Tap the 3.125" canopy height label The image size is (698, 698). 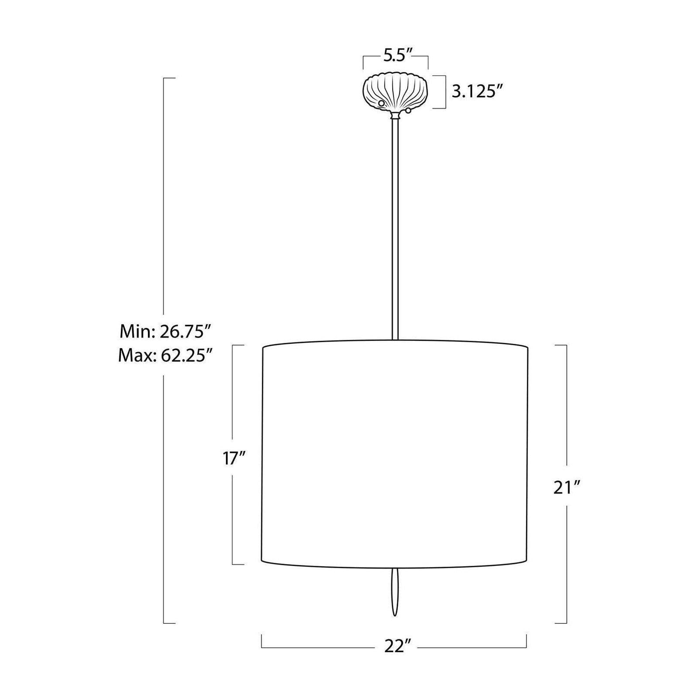click(478, 92)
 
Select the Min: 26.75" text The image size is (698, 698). click(166, 332)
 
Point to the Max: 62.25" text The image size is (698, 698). click(165, 356)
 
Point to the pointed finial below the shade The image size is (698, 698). click(395, 592)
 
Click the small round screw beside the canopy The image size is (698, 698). click(408, 111)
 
